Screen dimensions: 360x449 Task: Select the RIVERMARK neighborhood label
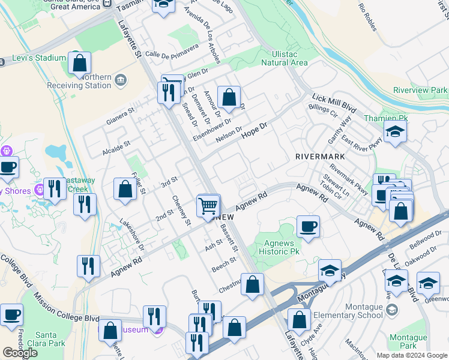(x=320, y=156)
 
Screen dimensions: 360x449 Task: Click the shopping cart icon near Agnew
(x=208, y=206)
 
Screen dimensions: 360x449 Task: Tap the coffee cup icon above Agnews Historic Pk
(x=308, y=227)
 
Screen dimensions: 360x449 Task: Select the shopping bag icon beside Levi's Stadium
(x=79, y=64)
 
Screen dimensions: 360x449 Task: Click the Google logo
(x=20, y=353)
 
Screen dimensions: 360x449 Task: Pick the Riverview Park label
(x=420, y=90)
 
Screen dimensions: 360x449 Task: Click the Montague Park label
(x=408, y=342)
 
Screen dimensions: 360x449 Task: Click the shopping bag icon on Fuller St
(x=124, y=189)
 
